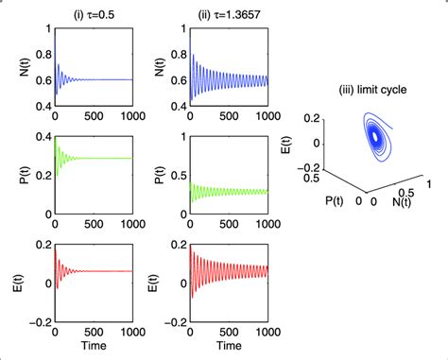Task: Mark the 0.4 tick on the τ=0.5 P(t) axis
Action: pos(40,139)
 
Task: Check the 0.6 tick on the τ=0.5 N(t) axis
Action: pos(40,79)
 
